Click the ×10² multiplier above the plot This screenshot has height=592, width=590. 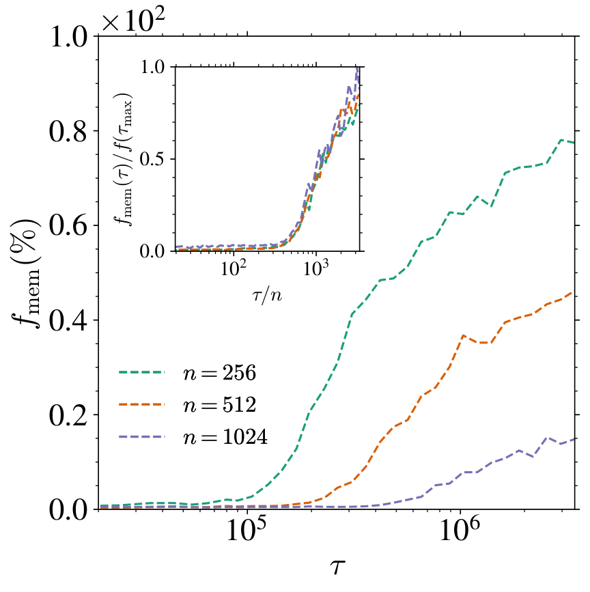click(x=134, y=18)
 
